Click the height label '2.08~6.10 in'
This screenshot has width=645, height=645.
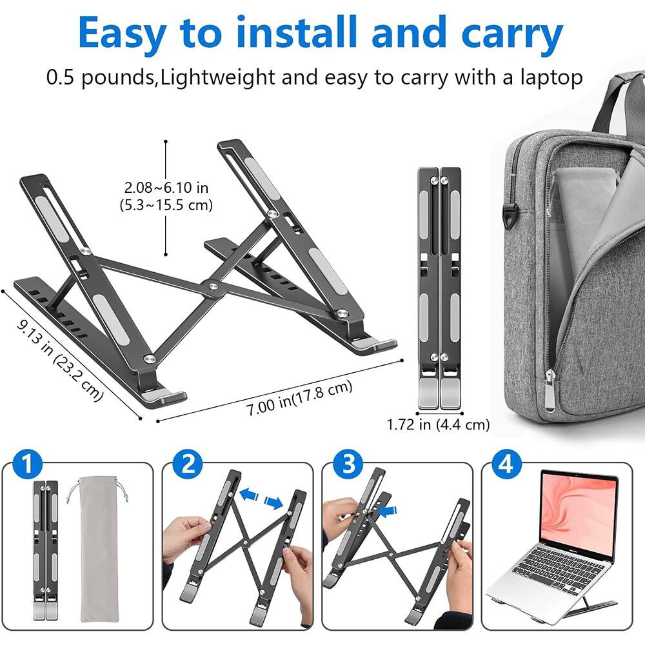coord(167,188)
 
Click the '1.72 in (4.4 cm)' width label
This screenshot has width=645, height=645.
coord(438,424)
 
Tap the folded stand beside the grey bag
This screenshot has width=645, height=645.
coord(440,287)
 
